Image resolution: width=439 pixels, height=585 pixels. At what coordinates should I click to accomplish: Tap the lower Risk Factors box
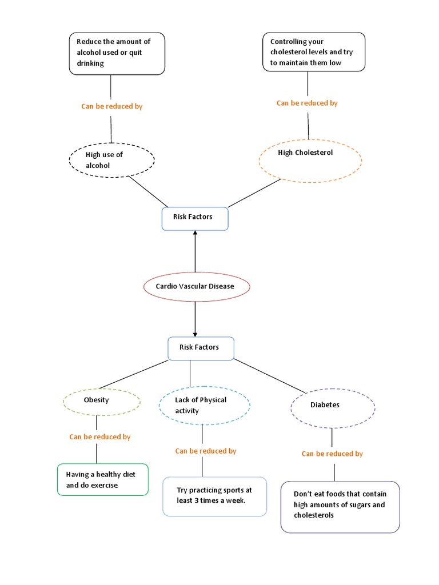(x=201, y=348)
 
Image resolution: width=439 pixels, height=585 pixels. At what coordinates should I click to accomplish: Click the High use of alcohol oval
(x=111, y=160)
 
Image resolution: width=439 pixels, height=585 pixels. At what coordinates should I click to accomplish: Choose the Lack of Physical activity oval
(x=204, y=406)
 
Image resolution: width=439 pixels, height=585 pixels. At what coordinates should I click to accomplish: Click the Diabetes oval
(x=333, y=408)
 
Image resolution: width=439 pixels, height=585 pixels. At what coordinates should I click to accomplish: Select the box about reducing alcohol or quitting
(x=117, y=53)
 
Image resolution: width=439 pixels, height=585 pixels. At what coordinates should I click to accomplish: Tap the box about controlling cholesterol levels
(x=313, y=51)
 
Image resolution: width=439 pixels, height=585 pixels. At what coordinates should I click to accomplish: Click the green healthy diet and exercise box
(x=103, y=479)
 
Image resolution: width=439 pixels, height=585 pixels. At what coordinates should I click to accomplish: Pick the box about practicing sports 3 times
(x=214, y=496)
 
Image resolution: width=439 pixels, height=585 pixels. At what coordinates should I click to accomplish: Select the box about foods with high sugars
(x=340, y=507)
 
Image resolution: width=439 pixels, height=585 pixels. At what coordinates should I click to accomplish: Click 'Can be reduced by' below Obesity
(x=100, y=437)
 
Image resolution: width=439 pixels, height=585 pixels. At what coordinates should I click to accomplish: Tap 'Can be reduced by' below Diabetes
(x=332, y=454)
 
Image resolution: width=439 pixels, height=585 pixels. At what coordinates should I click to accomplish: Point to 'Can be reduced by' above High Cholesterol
(x=307, y=103)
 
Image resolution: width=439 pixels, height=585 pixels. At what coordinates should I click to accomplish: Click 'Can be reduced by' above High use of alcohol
(x=112, y=107)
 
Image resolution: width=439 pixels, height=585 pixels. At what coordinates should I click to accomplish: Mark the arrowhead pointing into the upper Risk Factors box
(x=195, y=234)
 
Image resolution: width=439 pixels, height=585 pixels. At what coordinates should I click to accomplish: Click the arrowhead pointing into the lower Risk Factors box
(x=195, y=334)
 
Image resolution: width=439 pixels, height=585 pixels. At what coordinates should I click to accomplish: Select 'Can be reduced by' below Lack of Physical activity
(x=206, y=451)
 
